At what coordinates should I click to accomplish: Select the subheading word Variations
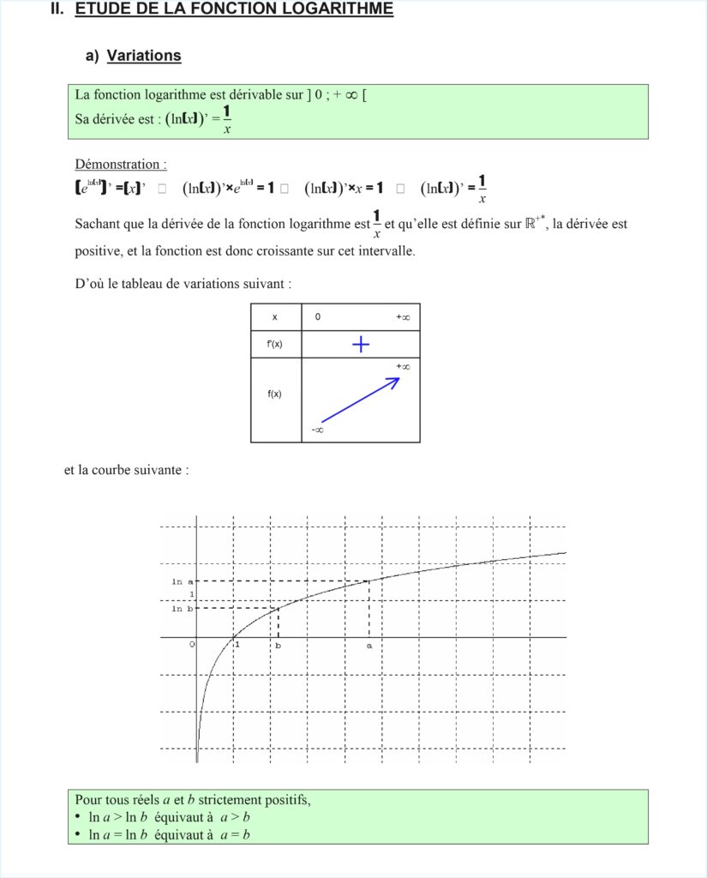144,56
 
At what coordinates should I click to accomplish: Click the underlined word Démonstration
120,164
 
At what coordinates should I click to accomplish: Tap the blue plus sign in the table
361,345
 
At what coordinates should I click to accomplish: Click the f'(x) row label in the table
275,344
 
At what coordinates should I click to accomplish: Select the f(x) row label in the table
275,394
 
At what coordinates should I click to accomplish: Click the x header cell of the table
275,317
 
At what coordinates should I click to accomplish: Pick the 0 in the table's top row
318,317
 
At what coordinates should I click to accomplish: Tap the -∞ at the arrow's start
317,430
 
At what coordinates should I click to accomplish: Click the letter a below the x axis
369,646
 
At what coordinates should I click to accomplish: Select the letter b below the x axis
278,646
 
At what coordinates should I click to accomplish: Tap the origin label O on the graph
193,645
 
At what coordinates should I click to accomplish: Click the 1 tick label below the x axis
237,645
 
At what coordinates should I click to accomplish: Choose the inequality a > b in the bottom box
234,817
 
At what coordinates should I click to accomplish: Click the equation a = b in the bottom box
234,834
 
